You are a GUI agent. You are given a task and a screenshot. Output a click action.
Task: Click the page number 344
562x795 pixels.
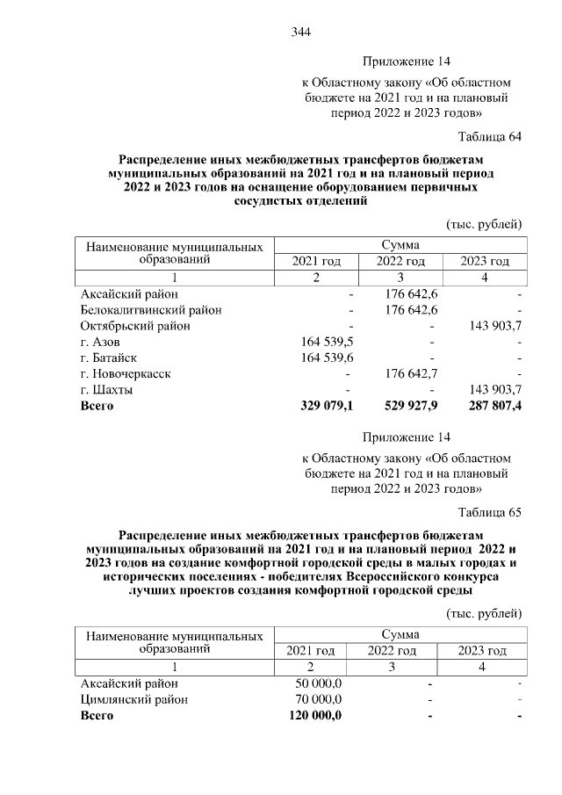(301, 33)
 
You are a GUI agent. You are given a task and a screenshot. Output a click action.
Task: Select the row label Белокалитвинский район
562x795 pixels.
(150, 310)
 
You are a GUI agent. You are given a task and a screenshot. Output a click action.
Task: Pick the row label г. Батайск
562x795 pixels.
(109, 358)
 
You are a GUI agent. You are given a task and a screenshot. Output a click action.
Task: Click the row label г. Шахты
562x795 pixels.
(106, 389)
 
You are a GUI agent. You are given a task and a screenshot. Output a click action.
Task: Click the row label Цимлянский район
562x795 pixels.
(133, 700)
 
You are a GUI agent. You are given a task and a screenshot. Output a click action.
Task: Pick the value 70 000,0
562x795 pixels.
(318, 700)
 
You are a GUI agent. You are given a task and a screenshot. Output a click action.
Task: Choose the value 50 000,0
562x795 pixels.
(318, 683)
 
